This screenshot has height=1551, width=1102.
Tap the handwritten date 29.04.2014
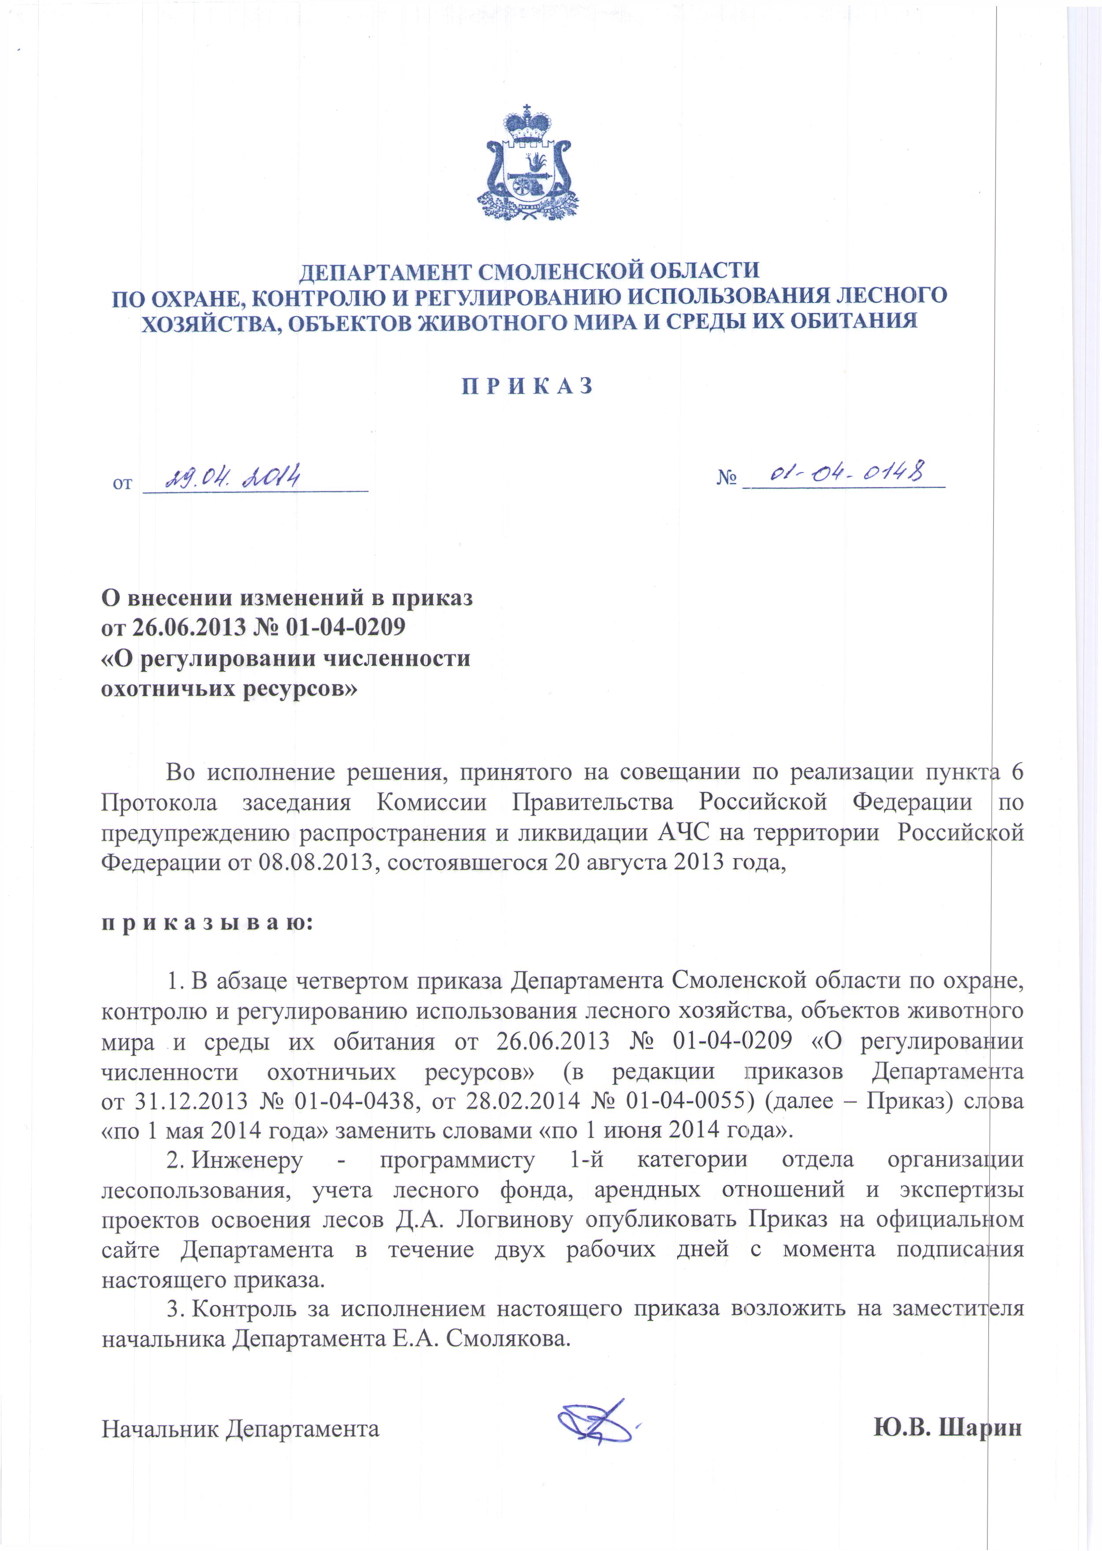click(223, 479)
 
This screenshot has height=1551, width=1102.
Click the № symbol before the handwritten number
click(726, 479)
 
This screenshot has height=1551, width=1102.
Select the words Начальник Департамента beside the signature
click(240, 1429)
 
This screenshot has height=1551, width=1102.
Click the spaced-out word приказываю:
click(207, 923)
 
